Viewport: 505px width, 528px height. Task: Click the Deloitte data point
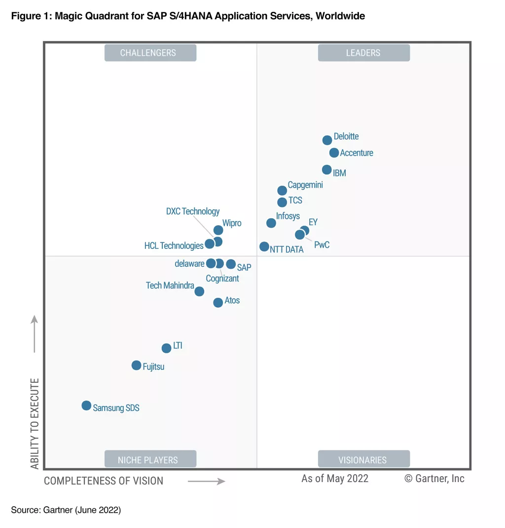tap(327, 140)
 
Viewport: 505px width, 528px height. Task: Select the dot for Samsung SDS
tap(86, 406)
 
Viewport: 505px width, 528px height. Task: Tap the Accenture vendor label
tap(357, 153)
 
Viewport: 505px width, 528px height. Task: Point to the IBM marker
tap(326, 169)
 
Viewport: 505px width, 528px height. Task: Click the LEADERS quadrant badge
tap(363, 53)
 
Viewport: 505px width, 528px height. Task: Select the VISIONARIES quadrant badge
tap(363, 460)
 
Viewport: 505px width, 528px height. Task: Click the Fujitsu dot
tap(136, 365)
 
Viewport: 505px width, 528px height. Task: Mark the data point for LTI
tap(166, 348)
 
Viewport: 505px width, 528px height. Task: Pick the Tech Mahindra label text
tap(170, 285)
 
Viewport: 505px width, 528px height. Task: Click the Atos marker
tap(218, 302)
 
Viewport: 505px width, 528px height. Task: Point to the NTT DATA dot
tap(264, 246)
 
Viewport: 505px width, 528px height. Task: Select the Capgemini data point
tap(282, 190)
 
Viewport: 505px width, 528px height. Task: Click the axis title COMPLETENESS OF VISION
tap(104, 481)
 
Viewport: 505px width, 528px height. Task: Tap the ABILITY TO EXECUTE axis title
tap(35, 423)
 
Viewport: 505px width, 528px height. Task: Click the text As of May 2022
tap(335, 478)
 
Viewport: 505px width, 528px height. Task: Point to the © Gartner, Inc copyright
tap(434, 478)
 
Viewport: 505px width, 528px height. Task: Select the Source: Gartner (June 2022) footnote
tap(66, 510)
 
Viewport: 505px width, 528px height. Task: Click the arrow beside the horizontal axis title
tap(206, 481)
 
